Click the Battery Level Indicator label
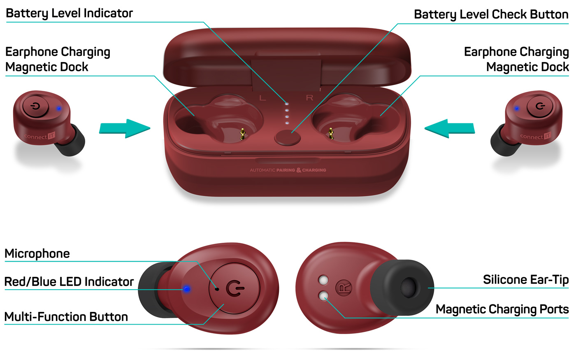click(x=69, y=13)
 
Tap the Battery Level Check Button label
click(x=491, y=14)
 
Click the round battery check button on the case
click(x=287, y=137)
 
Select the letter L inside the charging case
click(x=262, y=98)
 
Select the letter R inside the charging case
click(x=309, y=98)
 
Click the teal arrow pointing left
click(x=450, y=128)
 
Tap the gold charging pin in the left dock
click(x=242, y=133)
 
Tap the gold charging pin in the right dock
click(x=331, y=133)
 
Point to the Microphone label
click(x=37, y=253)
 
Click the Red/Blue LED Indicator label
click(x=69, y=282)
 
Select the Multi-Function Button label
click(x=66, y=317)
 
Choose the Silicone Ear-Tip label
click(x=525, y=280)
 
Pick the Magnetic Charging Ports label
click(x=502, y=309)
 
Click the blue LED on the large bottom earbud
click(x=186, y=289)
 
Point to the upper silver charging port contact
click(x=323, y=280)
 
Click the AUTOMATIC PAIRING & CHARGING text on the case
click(x=288, y=170)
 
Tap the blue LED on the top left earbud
click(x=59, y=109)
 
